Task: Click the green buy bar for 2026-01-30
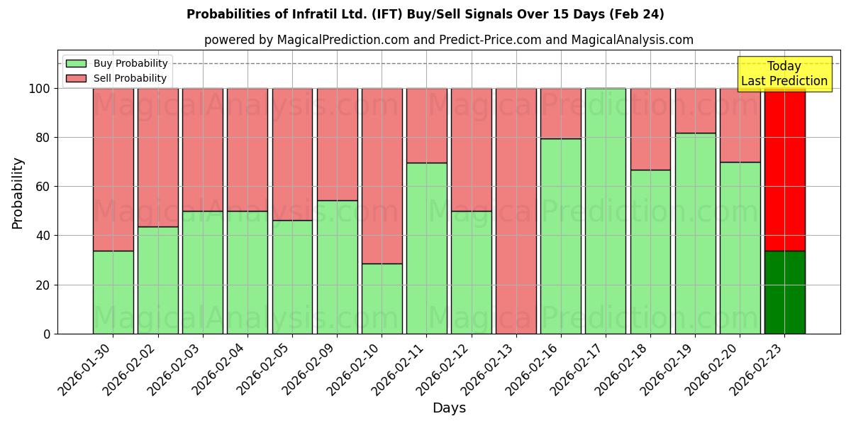[113, 292]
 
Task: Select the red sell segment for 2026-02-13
[516, 211]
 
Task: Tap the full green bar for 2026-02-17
[606, 211]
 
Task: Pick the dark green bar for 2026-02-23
[785, 292]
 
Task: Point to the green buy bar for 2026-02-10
[382, 298]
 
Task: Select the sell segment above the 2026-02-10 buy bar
[382, 176]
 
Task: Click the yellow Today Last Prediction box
[784, 74]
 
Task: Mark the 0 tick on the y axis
[47, 334]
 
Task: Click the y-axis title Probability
[18, 192]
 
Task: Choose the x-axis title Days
[449, 408]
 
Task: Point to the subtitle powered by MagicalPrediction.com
[448, 40]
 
